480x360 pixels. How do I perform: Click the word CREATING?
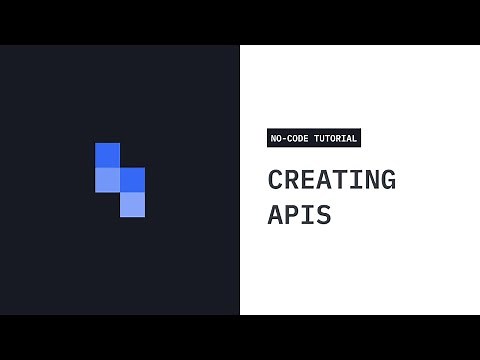pos(331,180)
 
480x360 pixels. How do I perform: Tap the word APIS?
pos(299,213)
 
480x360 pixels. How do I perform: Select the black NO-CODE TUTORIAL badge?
pos(313,138)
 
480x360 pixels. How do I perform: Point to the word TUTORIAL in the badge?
pos(335,138)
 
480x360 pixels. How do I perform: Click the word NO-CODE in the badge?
pos(289,138)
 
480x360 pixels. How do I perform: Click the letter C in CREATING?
pos(275,180)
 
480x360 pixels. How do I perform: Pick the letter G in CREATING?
pos(387,180)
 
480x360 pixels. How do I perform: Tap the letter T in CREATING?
pos(339,180)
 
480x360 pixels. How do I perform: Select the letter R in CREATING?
pos(291,180)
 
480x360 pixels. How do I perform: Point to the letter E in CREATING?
pos(307,180)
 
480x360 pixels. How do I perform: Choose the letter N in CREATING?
pos(371,180)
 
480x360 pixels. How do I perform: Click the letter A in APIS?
pos(275,213)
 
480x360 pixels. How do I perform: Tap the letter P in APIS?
pos(291,213)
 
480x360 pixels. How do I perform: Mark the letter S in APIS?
pos(323,213)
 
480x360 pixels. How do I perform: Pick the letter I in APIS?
pos(307,213)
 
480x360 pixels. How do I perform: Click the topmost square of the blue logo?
pos(107,155)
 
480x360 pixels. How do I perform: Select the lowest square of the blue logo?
pos(132,204)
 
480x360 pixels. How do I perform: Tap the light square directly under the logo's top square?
pos(107,179)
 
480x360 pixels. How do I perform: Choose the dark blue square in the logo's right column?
pos(132,179)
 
